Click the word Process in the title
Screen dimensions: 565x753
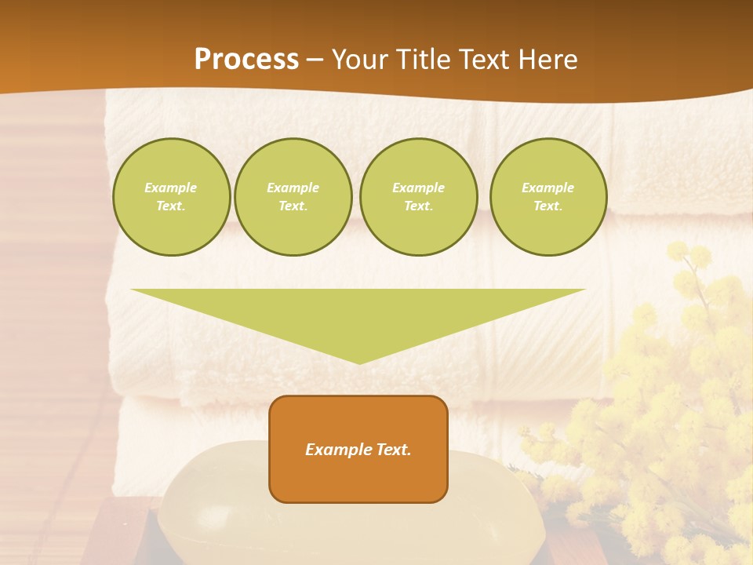246,60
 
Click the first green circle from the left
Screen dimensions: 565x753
171,197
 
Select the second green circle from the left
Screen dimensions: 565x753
293,197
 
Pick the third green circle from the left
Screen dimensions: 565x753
418,197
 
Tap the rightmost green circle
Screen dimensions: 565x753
547,197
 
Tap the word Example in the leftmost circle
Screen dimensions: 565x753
171,188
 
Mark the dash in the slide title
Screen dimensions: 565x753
315,60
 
